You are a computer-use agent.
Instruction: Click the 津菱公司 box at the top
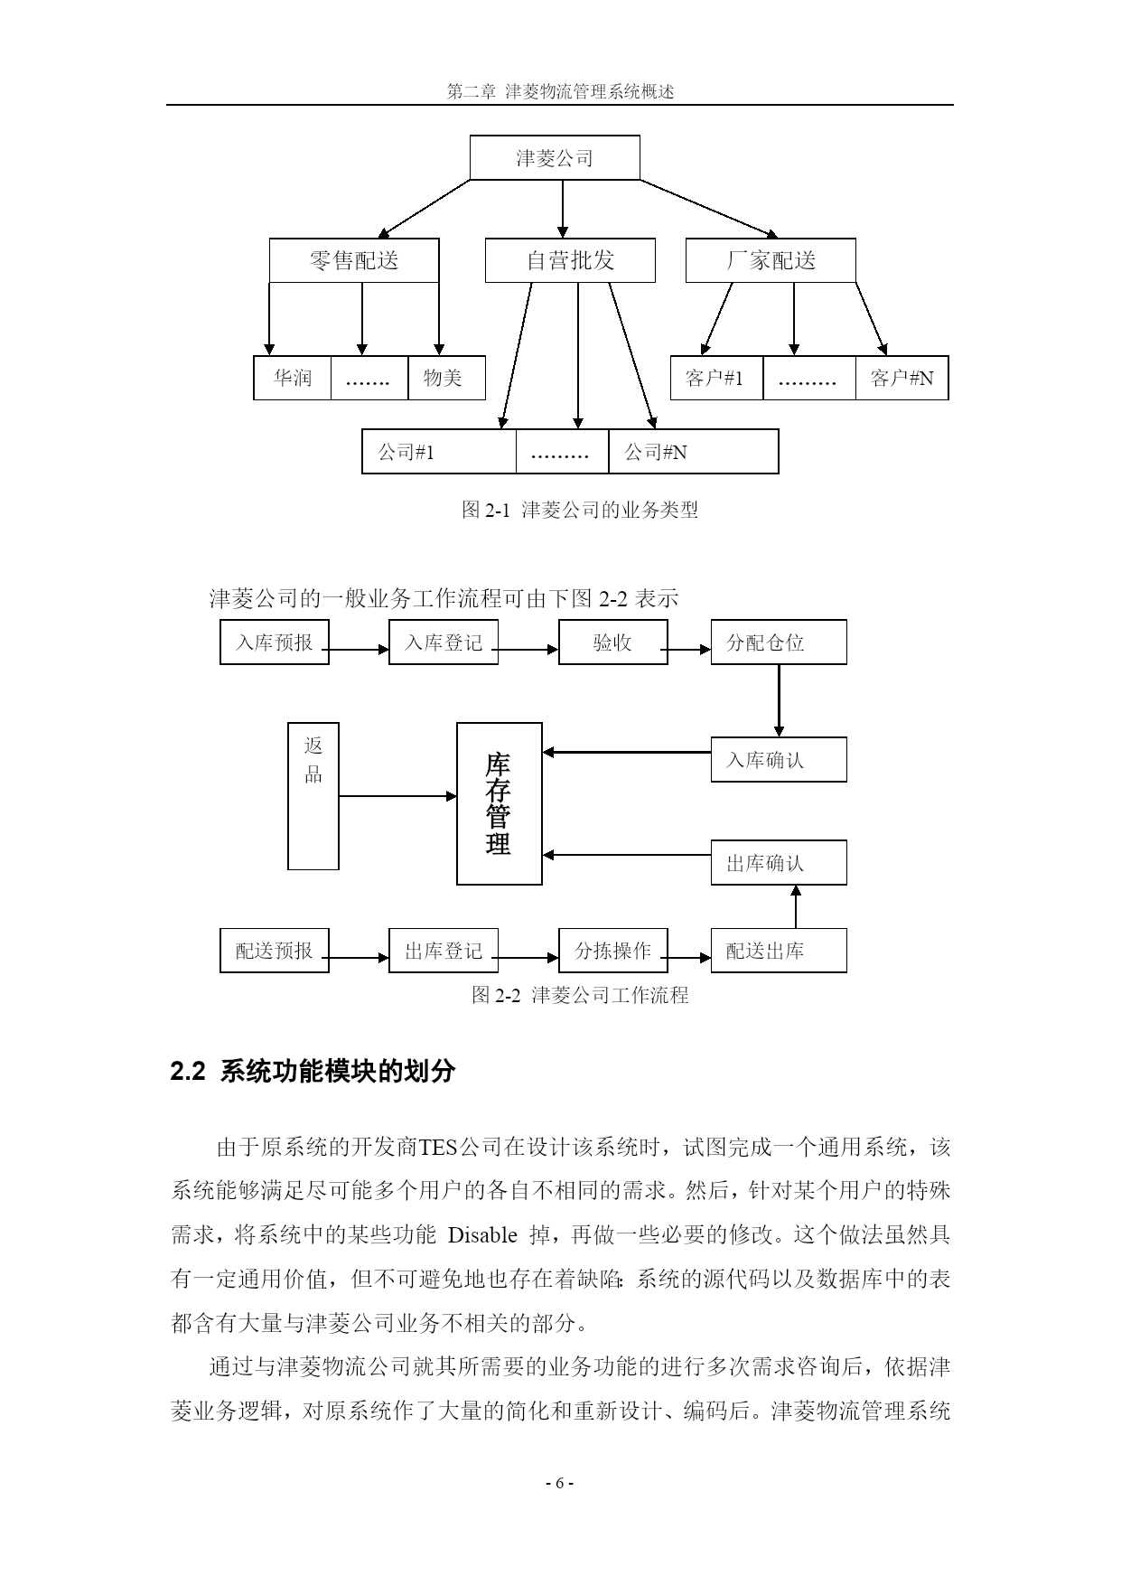coord(555,158)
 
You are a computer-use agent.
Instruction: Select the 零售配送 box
coord(354,261)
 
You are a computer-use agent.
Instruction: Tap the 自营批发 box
coord(570,261)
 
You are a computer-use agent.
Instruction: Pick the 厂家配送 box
coord(771,261)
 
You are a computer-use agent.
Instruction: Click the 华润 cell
coord(293,378)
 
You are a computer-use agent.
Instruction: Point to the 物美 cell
coord(446,378)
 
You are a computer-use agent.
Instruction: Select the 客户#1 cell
coord(716,378)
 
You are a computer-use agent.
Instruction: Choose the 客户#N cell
coord(901,378)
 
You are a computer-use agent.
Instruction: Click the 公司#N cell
coord(693,452)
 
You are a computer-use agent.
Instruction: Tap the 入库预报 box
coord(275,642)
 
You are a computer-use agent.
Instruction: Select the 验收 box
coord(612,642)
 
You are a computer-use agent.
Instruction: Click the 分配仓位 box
coord(779,642)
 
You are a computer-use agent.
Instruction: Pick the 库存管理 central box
coord(499,803)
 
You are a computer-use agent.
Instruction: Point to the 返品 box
coord(313,795)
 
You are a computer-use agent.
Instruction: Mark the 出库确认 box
coord(779,863)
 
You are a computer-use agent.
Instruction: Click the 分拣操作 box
coord(612,951)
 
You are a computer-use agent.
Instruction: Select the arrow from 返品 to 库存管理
coord(397,796)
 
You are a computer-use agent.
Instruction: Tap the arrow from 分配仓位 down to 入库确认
coord(779,701)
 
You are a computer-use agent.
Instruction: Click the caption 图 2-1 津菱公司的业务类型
coord(580,510)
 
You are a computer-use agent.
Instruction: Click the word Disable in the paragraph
coord(482,1236)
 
